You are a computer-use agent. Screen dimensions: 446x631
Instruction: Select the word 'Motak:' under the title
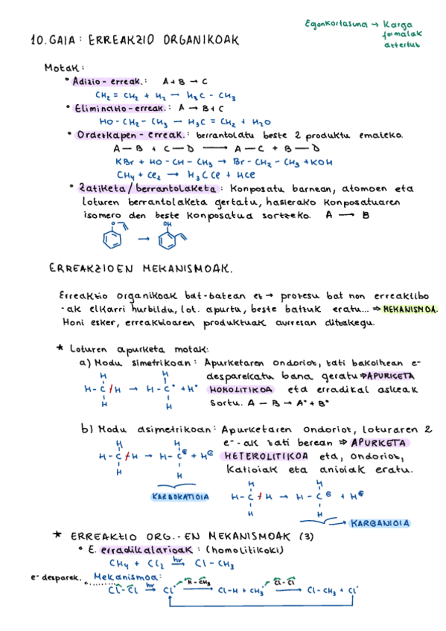[64, 67]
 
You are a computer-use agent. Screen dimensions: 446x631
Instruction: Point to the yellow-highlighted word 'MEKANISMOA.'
[412, 309]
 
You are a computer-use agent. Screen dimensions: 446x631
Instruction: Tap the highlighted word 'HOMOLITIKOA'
[240, 389]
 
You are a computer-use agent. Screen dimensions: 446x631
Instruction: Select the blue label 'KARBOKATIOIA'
[180, 496]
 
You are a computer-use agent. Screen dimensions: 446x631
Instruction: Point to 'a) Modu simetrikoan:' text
[138, 362]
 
